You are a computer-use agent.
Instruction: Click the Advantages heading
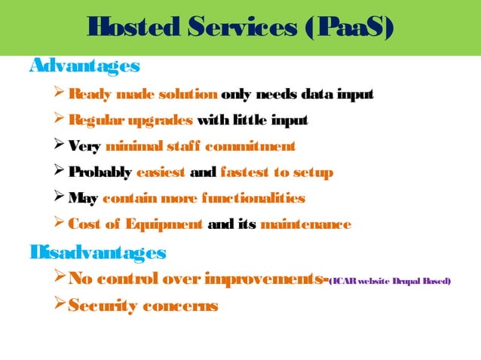point(84,66)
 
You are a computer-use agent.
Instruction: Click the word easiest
point(161,172)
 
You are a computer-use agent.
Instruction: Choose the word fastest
point(244,172)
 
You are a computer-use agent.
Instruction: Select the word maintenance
point(305,224)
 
